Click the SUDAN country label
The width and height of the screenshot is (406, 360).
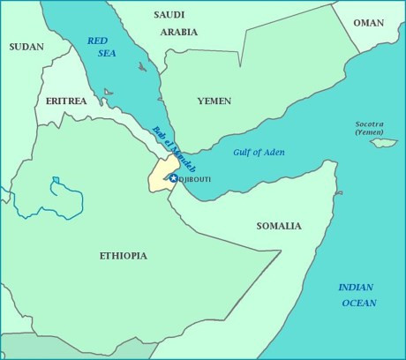click(26, 47)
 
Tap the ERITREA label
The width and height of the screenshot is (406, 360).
click(66, 101)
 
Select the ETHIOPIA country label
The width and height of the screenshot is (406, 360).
click(123, 256)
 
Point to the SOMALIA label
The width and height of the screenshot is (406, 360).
click(279, 226)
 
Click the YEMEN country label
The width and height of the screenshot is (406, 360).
click(214, 101)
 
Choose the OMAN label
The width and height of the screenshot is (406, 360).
click(368, 23)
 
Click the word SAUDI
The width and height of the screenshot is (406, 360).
click(169, 15)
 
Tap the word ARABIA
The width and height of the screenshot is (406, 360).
click(179, 32)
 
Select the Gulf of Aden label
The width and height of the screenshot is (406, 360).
click(257, 153)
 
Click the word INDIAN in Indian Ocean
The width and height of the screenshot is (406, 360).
click(357, 288)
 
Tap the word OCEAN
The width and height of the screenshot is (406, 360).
click(359, 303)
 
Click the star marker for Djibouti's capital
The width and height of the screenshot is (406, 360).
click(174, 178)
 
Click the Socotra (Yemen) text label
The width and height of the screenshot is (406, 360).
click(370, 128)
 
